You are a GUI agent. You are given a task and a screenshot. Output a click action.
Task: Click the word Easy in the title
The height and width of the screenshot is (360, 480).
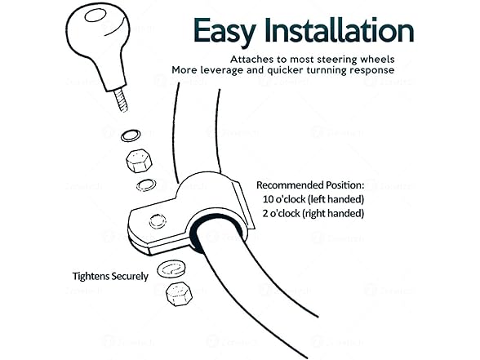[x=224, y=31]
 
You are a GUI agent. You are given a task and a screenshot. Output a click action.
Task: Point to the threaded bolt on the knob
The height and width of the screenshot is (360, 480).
[x=122, y=100]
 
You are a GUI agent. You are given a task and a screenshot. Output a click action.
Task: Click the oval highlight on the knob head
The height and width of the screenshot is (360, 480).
[x=96, y=16]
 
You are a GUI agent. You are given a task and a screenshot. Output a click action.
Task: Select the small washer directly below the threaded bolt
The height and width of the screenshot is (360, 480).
[x=131, y=136]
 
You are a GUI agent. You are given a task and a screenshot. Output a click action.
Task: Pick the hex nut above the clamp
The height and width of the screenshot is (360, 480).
[x=139, y=161]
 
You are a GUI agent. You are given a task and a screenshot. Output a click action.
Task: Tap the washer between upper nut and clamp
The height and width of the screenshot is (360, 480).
[x=146, y=184]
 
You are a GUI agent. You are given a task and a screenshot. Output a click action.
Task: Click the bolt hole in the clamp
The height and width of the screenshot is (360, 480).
[x=158, y=221]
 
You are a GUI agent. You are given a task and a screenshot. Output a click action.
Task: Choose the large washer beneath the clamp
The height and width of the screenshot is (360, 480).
[x=171, y=269]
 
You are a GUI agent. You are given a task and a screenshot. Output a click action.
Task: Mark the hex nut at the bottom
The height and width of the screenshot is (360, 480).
[x=179, y=294]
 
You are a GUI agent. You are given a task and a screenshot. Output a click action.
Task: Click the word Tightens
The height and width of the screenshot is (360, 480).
[x=91, y=277]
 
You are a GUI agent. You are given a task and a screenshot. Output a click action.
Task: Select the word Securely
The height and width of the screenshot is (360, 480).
[x=130, y=277]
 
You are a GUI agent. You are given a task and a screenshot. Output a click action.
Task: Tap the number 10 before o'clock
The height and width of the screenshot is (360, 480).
[x=268, y=199]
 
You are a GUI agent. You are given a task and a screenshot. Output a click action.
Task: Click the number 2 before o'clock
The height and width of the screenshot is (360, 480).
[x=265, y=213]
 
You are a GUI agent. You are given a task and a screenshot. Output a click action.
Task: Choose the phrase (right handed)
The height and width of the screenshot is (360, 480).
[x=333, y=214]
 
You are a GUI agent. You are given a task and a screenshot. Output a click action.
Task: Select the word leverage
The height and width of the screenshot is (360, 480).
[x=222, y=70]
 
